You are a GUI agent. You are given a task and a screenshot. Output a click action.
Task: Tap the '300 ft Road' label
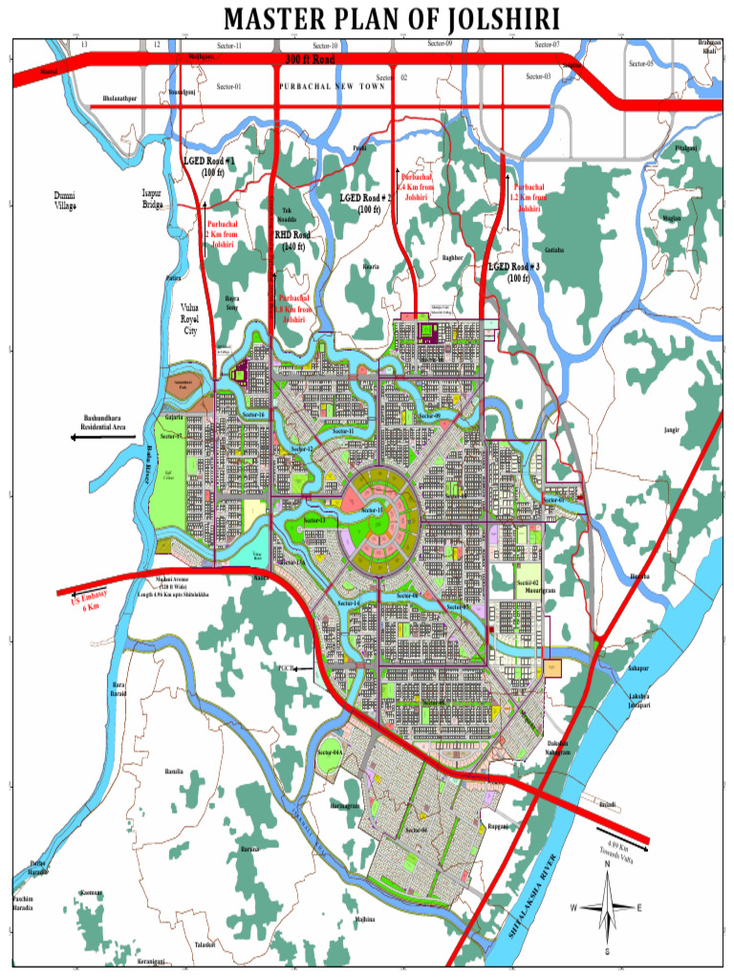point(310,59)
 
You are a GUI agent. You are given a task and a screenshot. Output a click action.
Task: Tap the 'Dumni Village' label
point(66,200)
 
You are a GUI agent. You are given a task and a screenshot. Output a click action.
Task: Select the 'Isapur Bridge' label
point(153,198)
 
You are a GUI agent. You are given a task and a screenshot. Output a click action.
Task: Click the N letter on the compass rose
point(607,864)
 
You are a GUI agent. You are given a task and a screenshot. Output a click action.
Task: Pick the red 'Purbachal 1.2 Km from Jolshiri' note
point(529,198)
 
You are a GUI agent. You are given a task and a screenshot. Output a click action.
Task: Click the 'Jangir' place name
point(672,430)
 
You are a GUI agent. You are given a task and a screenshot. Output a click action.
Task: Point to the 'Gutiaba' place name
point(554,250)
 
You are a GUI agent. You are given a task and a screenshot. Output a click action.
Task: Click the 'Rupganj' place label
point(498,825)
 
